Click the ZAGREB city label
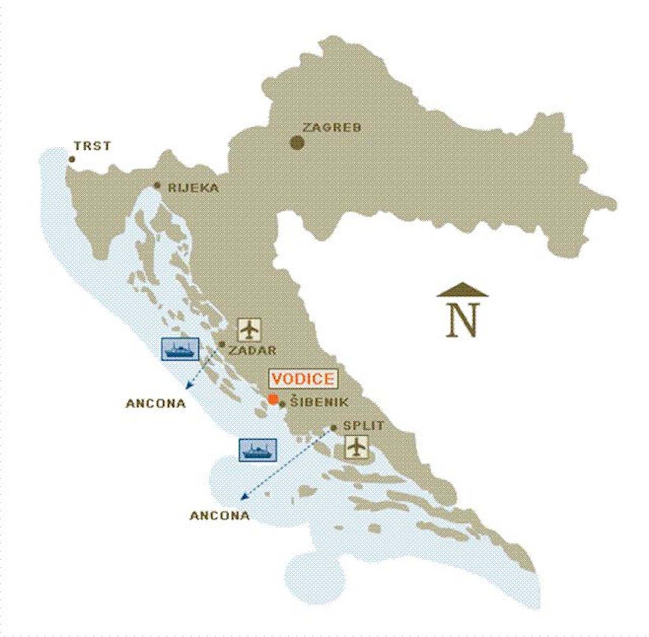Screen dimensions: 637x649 (332, 128)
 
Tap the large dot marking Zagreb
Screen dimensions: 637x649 (296, 143)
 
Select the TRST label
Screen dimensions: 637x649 (92, 146)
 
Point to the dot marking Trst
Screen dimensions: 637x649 (71, 159)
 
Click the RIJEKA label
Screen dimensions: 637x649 (193, 188)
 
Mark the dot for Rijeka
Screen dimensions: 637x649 (157, 185)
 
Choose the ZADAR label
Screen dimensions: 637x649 (252, 350)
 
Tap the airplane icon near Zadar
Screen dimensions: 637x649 (249, 329)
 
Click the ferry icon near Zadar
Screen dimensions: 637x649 (180, 349)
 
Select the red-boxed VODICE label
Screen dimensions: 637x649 (303, 379)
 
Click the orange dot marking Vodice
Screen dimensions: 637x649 (273, 400)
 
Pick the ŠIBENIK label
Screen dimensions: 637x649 (319, 402)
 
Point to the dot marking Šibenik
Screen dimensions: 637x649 (282, 404)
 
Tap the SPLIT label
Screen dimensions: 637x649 (363, 426)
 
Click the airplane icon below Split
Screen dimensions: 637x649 (356, 447)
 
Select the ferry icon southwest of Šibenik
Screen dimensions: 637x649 (258, 450)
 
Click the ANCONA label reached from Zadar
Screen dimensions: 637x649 (156, 403)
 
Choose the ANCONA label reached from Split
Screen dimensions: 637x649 (220, 516)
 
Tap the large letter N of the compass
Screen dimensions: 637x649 (463, 320)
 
